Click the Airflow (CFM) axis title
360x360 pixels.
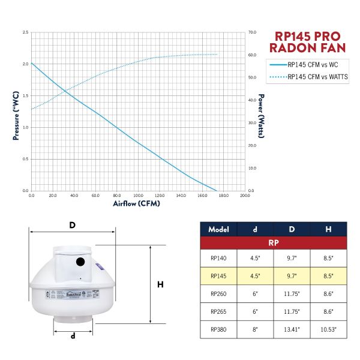[137, 204]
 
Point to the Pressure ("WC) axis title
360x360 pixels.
[16, 115]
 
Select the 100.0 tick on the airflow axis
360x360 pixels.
[138, 196]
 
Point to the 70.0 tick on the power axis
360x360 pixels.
[253, 32]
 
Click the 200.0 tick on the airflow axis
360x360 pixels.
[244, 196]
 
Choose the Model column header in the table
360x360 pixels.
[219, 229]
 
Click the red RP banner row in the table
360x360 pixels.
[274, 243]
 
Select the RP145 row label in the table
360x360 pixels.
[219, 277]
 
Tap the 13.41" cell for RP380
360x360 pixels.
[292, 329]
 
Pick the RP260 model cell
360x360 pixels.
[219, 294]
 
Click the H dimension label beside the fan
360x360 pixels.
[160, 285]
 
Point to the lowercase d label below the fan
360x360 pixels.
[73, 337]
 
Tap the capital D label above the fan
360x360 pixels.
[73, 225]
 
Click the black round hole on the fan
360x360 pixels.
[80, 262]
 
